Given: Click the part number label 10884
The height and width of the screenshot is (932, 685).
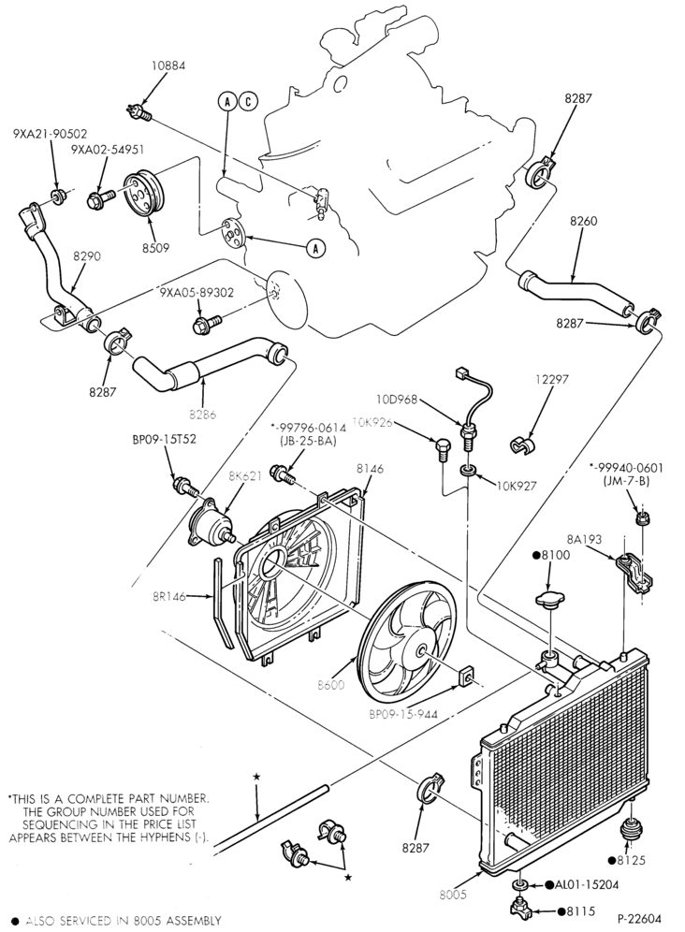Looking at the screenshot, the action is (168, 66).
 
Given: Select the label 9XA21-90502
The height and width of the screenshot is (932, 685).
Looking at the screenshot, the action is (50, 135).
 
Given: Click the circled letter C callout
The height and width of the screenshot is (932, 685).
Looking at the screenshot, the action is (248, 102).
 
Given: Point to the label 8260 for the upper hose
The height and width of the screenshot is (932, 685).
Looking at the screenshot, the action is (583, 221).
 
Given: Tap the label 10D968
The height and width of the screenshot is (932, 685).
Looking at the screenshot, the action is (397, 400).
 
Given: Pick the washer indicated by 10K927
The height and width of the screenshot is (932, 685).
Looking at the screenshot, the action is (469, 473).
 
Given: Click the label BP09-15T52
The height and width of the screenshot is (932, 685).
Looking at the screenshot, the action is (164, 441).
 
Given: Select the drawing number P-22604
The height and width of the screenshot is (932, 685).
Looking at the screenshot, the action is (638, 919).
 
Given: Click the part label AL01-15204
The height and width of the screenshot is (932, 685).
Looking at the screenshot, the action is (587, 885).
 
